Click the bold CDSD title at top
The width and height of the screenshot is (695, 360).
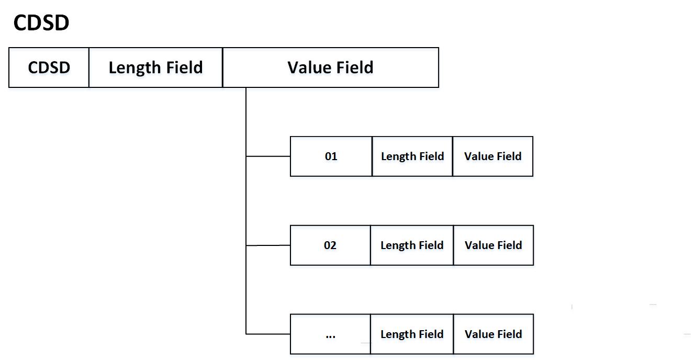click(41, 23)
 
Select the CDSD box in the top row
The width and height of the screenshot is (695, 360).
click(49, 67)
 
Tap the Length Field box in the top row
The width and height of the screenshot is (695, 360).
click(155, 67)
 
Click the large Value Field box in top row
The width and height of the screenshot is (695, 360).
click(330, 67)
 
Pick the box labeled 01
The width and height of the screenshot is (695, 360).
click(331, 156)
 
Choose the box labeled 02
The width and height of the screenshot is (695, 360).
click(330, 245)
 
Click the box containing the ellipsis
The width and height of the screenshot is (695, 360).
click(330, 334)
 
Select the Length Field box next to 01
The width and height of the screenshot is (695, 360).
click(412, 156)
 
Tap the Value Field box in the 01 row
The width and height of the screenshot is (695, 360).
click(492, 156)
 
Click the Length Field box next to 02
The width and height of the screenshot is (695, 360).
click(412, 245)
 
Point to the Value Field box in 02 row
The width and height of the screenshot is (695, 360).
click(493, 245)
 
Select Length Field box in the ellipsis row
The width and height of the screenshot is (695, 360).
click(412, 334)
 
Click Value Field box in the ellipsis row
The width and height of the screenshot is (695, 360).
click(493, 334)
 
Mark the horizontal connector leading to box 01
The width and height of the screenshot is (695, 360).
click(268, 156)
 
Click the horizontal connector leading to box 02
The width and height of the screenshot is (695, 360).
click(268, 245)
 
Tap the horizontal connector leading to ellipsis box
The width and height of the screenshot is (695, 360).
click(268, 334)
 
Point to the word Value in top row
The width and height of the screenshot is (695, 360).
click(308, 67)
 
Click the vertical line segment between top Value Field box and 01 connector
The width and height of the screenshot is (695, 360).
click(246, 121)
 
